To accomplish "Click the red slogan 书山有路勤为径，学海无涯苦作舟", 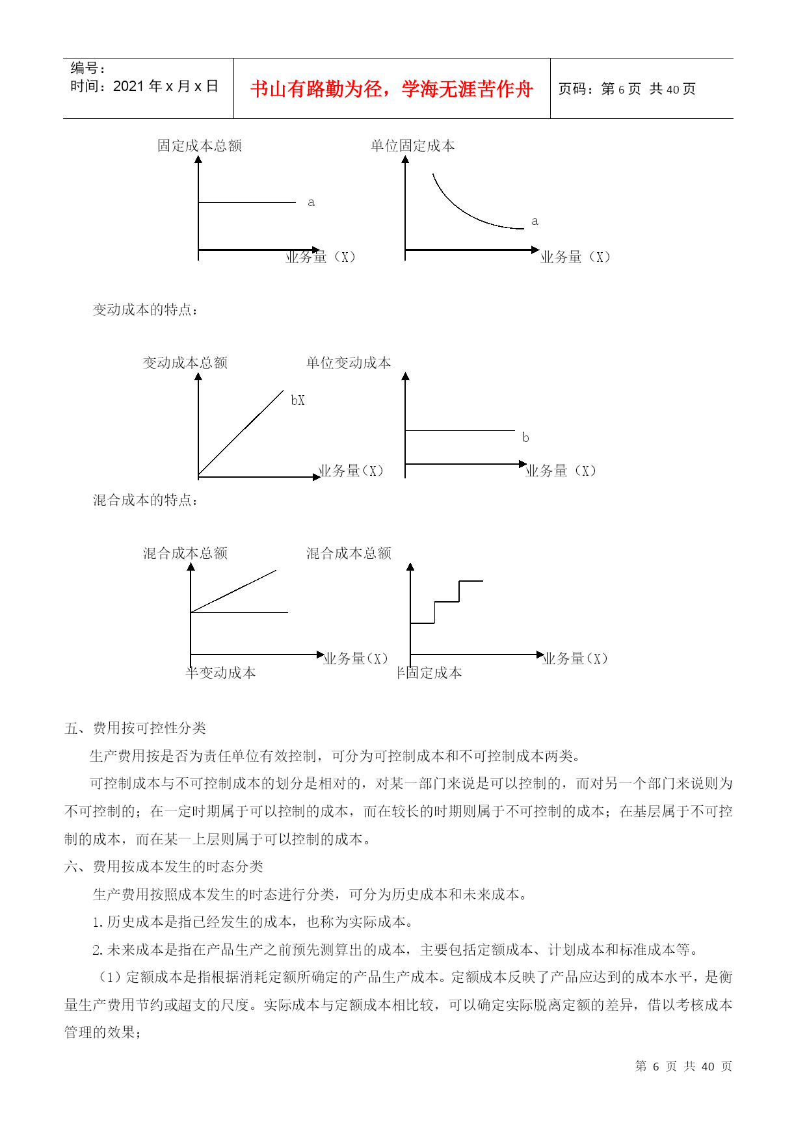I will coord(391,89).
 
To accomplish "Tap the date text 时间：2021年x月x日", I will coord(144,86).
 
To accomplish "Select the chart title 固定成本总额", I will coord(200,146).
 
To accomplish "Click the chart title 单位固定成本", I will coord(413,146).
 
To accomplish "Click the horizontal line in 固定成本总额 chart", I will coord(247,203).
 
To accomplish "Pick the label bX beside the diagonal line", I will coord(298,400).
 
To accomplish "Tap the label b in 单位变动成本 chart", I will coord(525,438).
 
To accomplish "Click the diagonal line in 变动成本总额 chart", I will coord(241,433).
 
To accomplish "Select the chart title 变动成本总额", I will coord(185,363).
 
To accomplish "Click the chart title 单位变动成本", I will coord(349,363).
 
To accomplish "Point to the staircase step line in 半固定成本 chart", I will coord(447,602).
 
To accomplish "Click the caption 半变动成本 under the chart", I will coord(221,673).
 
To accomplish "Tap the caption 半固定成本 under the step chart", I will coord(430,673).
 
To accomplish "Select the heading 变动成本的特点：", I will coord(146,309).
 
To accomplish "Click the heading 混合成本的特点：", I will coord(146,500).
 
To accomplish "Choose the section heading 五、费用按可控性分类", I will coord(135,728).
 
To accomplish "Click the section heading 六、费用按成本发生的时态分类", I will coord(164,866).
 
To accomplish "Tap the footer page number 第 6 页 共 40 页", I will coord(683,1067).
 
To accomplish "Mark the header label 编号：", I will coord(88,68).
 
